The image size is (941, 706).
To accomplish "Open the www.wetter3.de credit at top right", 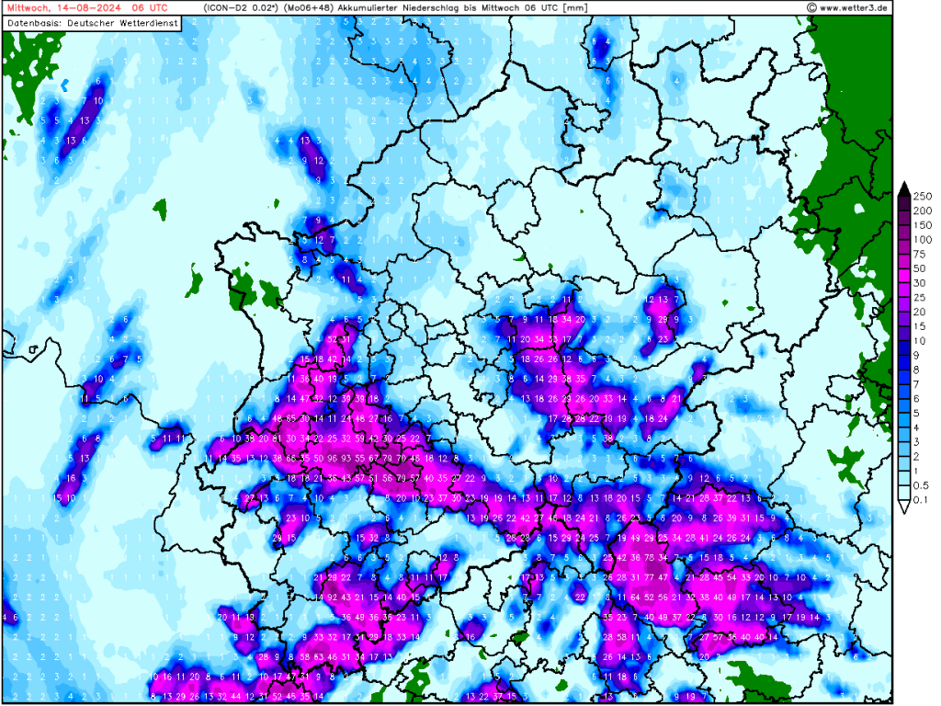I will tap(853, 7).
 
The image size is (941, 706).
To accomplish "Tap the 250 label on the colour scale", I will tap(923, 196).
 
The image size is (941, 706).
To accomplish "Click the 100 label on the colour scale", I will tap(923, 239).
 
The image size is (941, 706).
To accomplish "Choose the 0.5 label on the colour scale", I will tap(921, 485).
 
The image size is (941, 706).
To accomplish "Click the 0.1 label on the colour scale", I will tap(921, 500).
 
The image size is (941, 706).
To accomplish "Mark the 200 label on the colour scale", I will tap(923, 211).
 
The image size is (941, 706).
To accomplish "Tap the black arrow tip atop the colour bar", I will tap(903, 188).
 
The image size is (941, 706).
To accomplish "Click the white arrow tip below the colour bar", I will tap(903, 507).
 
